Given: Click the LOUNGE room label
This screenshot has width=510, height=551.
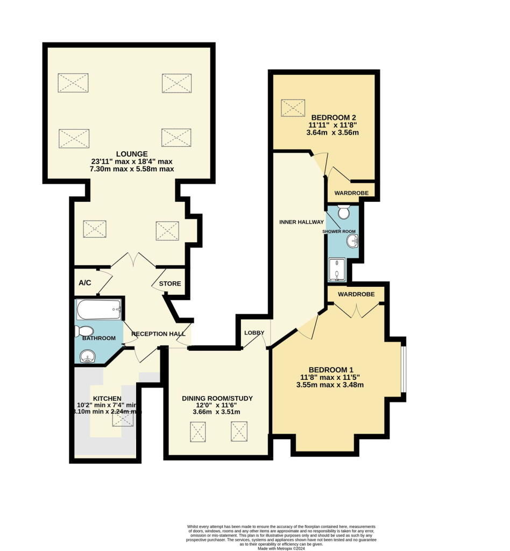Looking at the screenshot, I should tap(127, 154).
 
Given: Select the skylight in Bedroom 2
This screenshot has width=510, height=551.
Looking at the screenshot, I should tap(293, 108).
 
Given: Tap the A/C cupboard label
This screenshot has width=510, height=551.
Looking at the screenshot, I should tap(84, 282).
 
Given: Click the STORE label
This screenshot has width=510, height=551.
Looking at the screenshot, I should tap(169, 284).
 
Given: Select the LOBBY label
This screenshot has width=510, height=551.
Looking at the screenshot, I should tap(254, 333).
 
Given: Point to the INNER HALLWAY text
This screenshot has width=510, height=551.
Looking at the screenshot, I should tap(301, 222).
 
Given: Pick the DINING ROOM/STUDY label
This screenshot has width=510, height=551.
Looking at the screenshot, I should tap(217, 399).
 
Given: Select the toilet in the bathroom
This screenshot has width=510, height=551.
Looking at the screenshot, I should tap(85, 330).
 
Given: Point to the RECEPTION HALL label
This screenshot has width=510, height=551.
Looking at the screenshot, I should tap(158, 334).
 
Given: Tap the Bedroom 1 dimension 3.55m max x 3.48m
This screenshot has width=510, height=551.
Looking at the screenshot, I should tap(329, 385).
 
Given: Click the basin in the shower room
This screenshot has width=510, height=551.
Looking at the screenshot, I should tap(353, 241).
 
